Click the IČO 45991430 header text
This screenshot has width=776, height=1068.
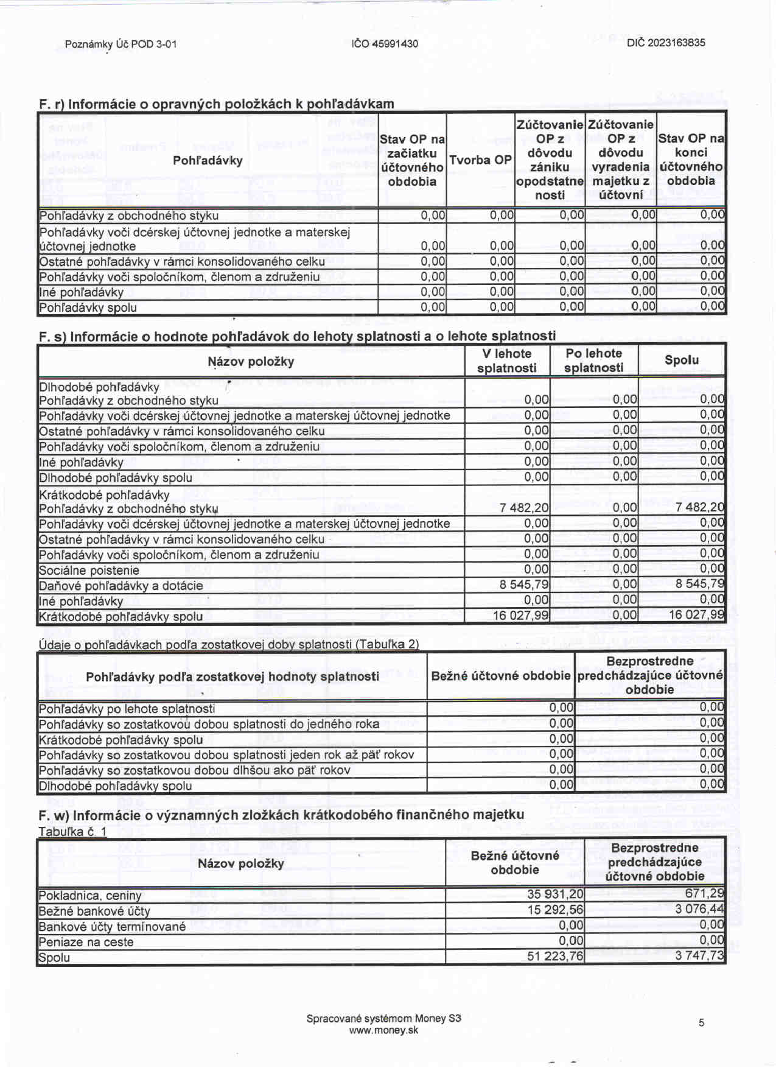point(385,44)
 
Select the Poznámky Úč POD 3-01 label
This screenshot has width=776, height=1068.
point(121,44)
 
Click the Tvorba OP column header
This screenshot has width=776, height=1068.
point(480,160)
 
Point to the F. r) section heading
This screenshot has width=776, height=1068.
point(216,104)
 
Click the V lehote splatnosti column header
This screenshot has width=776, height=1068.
point(506,361)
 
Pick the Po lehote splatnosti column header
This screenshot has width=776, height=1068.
point(593,361)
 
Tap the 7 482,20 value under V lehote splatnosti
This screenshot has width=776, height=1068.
point(524,508)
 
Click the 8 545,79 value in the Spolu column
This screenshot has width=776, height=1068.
point(700,584)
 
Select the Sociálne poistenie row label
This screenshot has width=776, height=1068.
point(89,571)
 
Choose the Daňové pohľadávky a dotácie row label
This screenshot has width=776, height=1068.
point(121,586)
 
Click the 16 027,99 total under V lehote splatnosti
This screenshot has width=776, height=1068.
point(521,616)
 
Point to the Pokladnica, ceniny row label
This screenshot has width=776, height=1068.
point(90,896)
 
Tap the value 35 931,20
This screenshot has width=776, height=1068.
point(555,894)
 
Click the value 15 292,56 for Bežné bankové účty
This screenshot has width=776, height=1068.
point(555,910)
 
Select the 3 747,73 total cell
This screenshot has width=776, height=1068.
point(700,956)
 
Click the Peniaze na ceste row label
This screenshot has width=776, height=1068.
point(86,942)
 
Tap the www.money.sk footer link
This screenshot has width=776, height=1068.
point(383,1031)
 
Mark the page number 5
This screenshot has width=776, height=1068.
point(701,1023)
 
